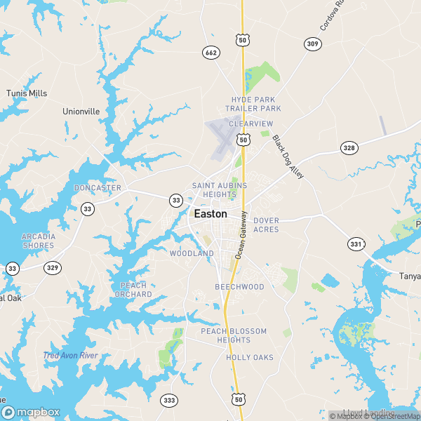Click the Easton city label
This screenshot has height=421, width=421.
tap(210, 214)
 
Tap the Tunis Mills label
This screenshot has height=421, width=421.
tap(27, 93)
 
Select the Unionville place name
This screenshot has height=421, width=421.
tap(81, 111)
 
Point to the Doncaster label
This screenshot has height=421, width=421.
tap(98, 188)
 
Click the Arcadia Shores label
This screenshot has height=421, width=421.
tap(38, 241)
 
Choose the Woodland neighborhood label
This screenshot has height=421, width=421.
tap(192, 253)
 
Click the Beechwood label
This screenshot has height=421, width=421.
tap(239, 287)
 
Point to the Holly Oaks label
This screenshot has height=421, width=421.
tap(249, 358)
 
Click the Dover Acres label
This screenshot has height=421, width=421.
tap(266, 225)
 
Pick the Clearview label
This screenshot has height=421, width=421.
tap(250, 123)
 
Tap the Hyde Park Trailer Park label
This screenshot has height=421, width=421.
tap(253, 104)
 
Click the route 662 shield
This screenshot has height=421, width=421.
tap(210, 53)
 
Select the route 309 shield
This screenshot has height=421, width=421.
tap(312, 44)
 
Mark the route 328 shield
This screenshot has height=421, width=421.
tap(349, 147)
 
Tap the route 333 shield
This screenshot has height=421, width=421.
tap(169, 400)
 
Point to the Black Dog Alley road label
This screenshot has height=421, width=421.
tap(288, 156)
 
